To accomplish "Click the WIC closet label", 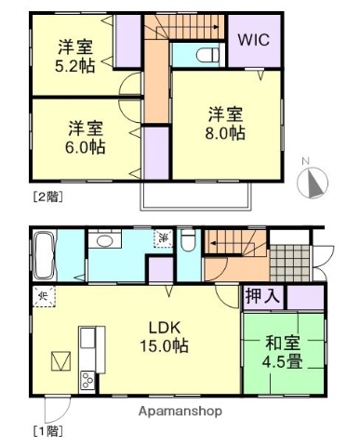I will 253,40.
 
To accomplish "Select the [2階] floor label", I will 47,196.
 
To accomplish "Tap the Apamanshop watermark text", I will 181,411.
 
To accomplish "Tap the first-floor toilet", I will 187,244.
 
